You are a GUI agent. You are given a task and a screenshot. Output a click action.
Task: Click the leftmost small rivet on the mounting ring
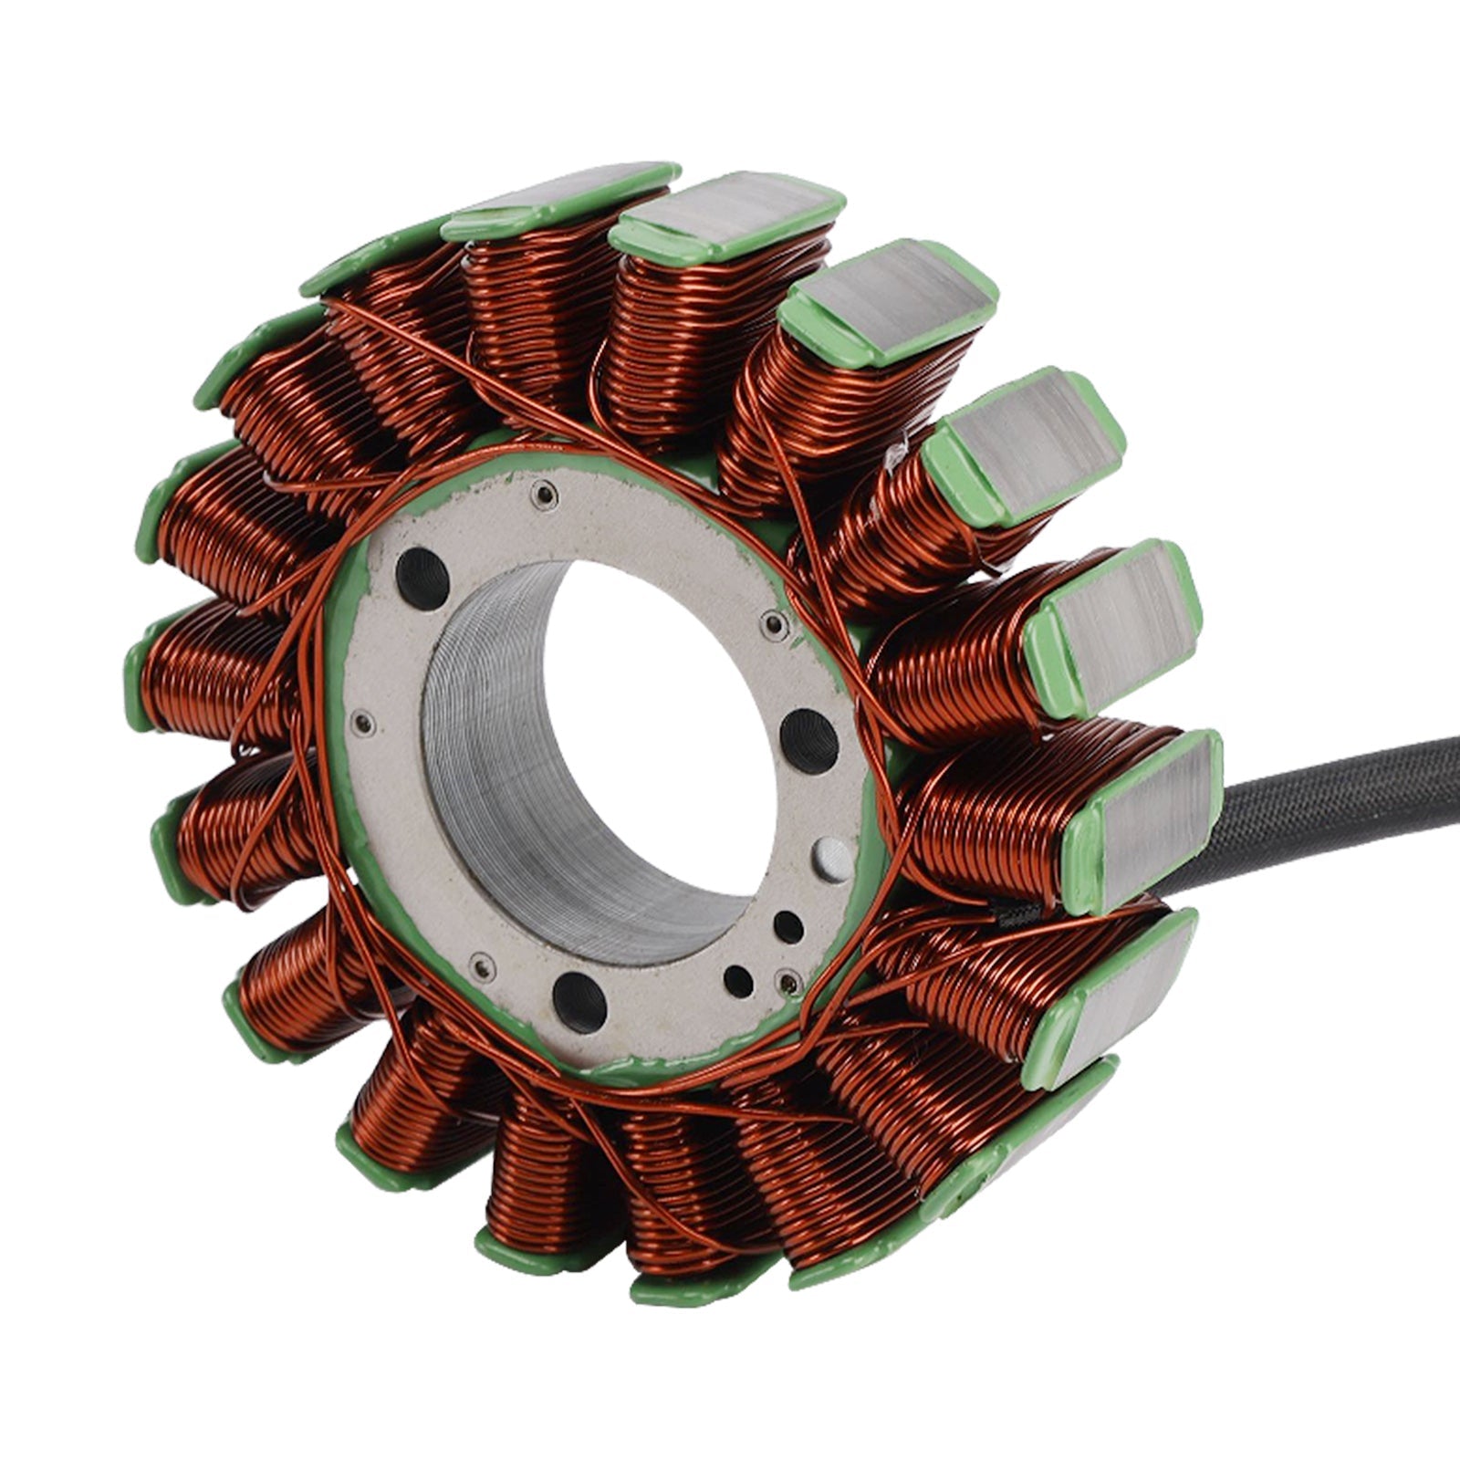pos(366,723)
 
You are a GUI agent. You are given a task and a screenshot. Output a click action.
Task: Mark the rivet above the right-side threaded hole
pos(774,624)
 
